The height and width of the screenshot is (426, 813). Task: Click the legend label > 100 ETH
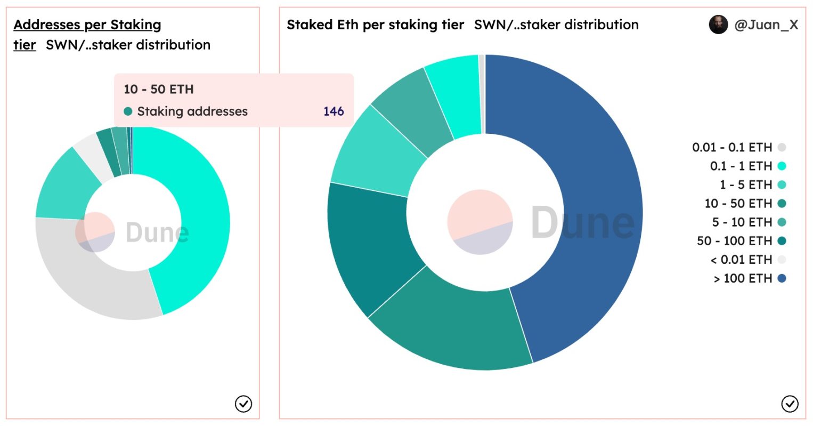743,278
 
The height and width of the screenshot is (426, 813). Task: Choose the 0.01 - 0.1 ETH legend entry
732,148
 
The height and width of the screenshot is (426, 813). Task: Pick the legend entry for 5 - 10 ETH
742,222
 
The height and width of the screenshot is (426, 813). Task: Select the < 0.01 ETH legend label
741,260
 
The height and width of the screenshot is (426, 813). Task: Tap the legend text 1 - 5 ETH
745,185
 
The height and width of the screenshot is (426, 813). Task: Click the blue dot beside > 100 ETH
782,278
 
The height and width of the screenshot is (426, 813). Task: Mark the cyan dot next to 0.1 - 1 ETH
782,166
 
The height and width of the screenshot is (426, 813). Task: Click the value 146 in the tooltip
334,111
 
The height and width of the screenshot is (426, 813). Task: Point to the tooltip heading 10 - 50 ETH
159,89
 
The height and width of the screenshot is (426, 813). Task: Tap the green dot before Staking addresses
128,111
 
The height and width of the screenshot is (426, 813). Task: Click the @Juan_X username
766,25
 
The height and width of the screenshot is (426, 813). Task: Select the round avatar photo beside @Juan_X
718,25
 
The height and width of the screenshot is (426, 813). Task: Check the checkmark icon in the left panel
243,404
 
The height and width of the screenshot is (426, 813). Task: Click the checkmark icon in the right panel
790,404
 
